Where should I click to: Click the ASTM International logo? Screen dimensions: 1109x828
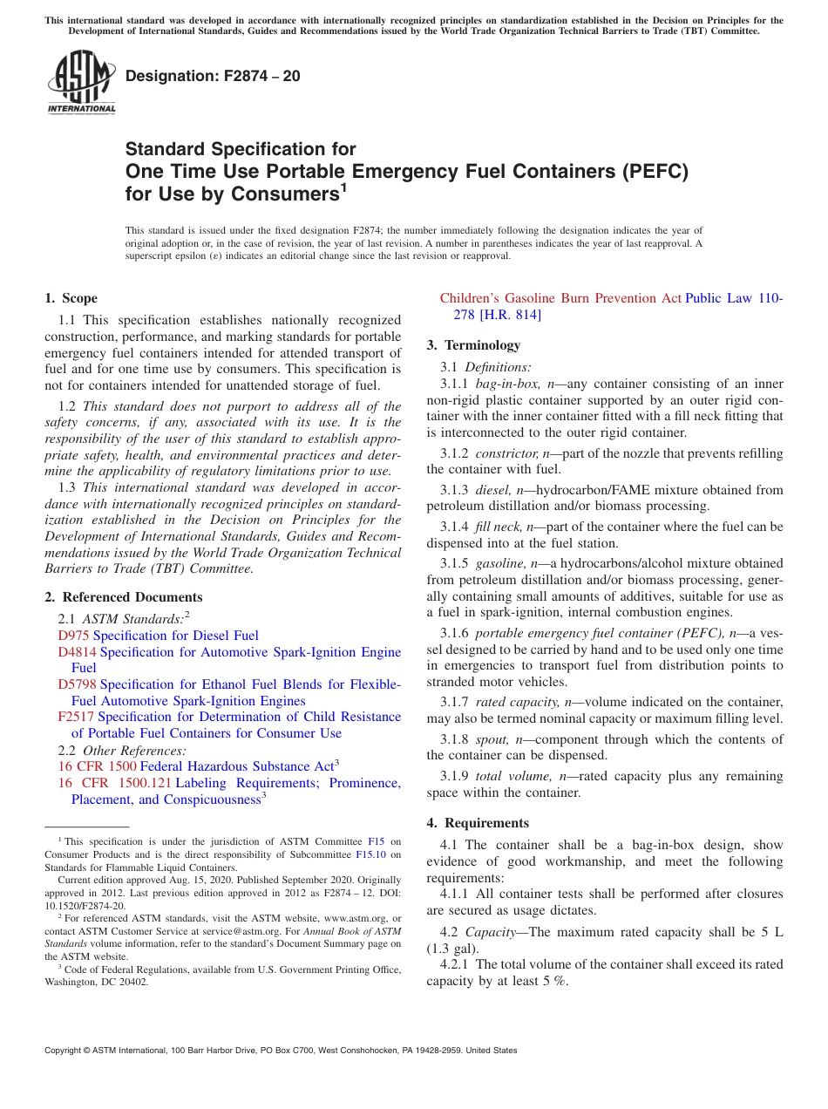click(x=81, y=82)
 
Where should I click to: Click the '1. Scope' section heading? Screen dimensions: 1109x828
click(x=71, y=298)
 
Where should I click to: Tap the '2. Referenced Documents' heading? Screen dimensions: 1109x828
click(x=124, y=597)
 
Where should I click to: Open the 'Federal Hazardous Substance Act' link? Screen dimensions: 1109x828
click(x=236, y=766)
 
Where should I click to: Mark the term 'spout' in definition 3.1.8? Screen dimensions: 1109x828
click(x=490, y=739)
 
